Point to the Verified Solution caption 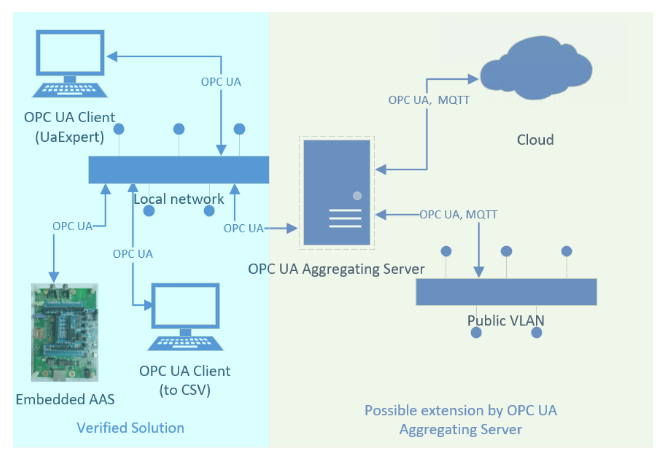130,428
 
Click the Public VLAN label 506,321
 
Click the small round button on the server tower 357,196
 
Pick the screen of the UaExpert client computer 70,53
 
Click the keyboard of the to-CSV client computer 185,343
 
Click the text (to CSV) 185,391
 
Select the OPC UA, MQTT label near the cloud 429,100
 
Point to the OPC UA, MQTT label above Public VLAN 458,214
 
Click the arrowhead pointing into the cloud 473,79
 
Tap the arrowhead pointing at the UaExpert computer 112,56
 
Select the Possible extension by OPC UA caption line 461,410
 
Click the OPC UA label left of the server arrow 243,228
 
